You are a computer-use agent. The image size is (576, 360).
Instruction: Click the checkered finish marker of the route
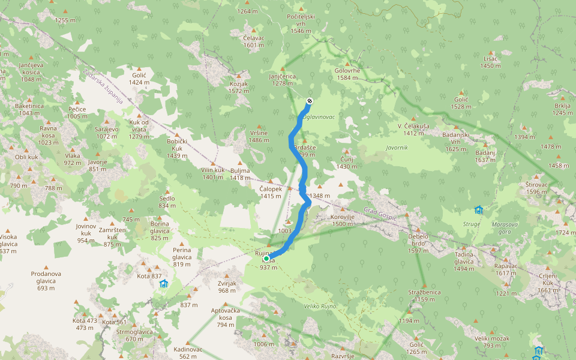[x=309, y=101]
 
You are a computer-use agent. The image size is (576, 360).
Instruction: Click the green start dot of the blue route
[x=266, y=259]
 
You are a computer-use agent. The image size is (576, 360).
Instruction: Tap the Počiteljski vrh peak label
[x=301, y=23]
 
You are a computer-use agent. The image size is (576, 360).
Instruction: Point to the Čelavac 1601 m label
[x=254, y=41]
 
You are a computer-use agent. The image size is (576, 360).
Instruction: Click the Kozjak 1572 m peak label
[x=238, y=87]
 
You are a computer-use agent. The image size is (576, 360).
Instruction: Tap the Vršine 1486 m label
[x=259, y=136]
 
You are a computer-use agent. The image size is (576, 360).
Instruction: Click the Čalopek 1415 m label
[x=271, y=192]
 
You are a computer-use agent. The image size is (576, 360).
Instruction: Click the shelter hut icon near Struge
[x=478, y=210]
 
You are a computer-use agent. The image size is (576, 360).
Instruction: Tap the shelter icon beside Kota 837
[x=163, y=283]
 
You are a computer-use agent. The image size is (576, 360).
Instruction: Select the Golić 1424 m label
[x=139, y=79]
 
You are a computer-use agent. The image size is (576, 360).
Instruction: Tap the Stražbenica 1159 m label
[x=424, y=295]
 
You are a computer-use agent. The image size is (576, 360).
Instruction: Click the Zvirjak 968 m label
[x=227, y=287]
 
